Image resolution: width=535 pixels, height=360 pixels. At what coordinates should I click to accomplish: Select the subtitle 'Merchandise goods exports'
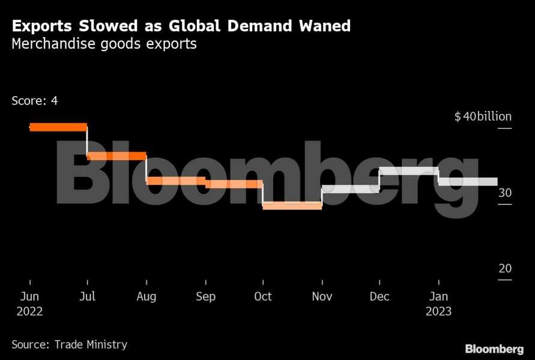(x=104, y=44)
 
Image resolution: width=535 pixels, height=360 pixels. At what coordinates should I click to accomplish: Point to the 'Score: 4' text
(x=35, y=101)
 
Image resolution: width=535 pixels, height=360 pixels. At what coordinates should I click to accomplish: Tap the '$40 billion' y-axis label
(x=483, y=116)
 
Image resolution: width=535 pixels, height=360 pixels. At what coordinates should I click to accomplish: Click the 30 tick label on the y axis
(x=505, y=193)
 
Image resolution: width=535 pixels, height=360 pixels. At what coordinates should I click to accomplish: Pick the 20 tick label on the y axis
(x=505, y=268)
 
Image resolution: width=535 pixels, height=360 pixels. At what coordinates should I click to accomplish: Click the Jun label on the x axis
(x=29, y=296)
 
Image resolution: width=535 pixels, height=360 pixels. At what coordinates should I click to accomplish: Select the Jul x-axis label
(x=88, y=296)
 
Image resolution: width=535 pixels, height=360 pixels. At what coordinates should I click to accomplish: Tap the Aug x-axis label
(x=146, y=296)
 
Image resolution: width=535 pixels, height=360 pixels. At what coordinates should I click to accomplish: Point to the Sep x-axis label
(x=205, y=296)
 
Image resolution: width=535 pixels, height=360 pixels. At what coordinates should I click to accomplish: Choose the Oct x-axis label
(x=262, y=296)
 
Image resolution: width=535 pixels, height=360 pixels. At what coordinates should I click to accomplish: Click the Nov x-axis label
(x=322, y=296)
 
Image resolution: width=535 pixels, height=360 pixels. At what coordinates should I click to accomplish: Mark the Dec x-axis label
(x=379, y=296)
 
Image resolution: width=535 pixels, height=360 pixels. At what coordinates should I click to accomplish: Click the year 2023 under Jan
(x=438, y=312)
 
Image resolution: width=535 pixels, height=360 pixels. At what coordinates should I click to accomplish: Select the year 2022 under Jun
(x=29, y=312)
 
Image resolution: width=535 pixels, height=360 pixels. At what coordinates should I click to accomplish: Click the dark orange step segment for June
(x=58, y=127)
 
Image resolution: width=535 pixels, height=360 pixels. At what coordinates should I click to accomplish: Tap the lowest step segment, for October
(x=292, y=206)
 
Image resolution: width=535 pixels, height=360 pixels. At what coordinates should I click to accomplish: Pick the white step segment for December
(x=409, y=171)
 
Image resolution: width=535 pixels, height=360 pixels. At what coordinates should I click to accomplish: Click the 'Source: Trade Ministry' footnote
(x=70, y=344)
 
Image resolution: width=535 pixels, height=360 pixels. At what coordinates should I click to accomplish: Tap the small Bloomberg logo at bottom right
(x=494, y=349)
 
